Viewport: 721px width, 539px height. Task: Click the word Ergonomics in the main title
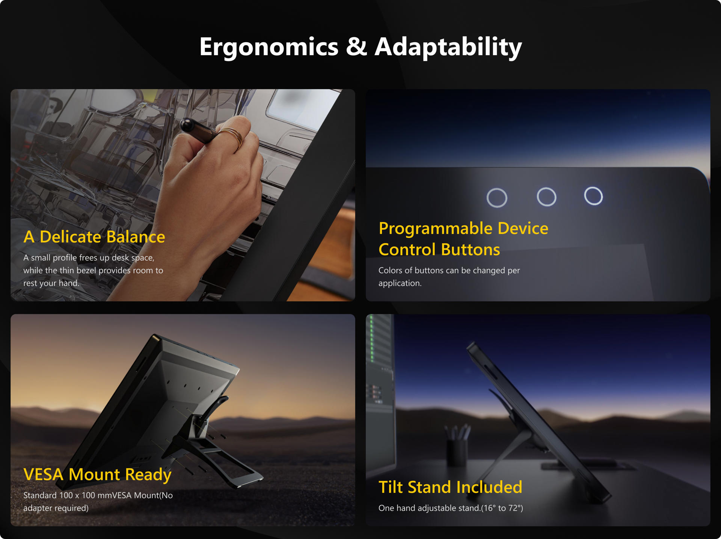click(269, 47)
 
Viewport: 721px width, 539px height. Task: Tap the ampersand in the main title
click(356, 46)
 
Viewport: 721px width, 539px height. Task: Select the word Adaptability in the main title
click(448, 47)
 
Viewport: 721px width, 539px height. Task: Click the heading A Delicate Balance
click(94, 237)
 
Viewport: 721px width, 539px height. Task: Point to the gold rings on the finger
click(232, 136)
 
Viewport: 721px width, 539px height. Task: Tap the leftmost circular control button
click(497, 198)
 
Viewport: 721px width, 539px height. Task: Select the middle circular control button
click(546, 197)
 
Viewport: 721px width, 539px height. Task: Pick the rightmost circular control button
click(593, 196)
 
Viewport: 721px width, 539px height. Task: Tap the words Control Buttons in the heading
click(439, 250)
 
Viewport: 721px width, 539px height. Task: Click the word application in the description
click(399, 283)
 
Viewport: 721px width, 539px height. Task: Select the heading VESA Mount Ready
click(97, 475)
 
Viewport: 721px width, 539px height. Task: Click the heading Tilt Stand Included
click(450, 487)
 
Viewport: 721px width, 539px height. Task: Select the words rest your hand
click(51, 283)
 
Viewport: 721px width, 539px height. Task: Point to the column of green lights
click(372, 339)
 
